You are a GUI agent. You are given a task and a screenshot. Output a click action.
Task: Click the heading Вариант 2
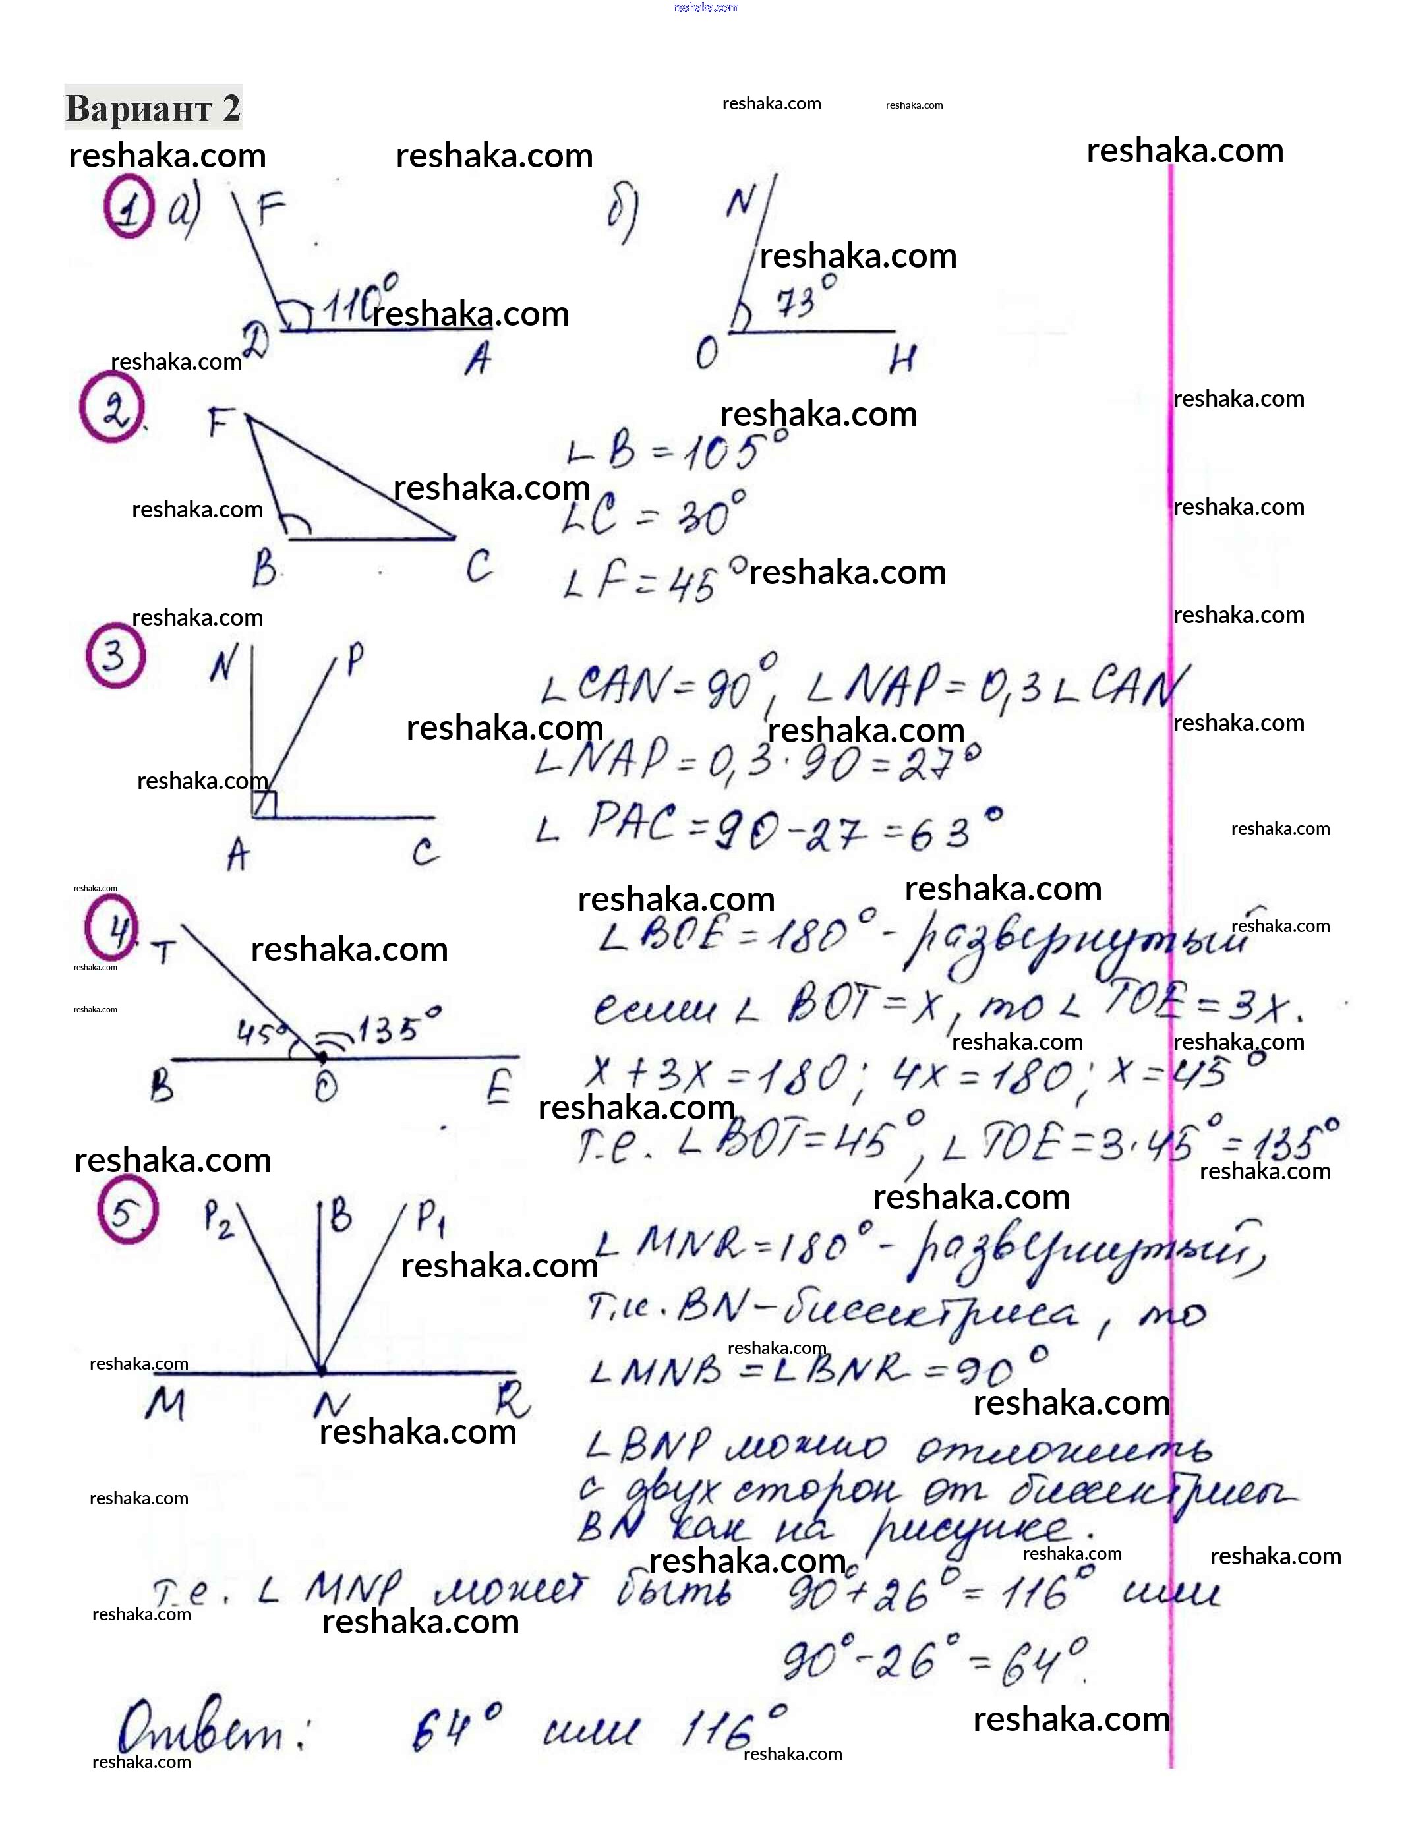click(x=153, y=107)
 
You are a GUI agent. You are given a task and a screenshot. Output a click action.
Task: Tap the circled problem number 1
click(x=129, y=206)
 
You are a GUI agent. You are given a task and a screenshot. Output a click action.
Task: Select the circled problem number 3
click(x=115, y=655)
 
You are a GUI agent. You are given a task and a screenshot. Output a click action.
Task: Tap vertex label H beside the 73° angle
click(x=901, y=360)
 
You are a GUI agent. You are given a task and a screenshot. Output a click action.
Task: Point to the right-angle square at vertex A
click(x=264, y=803)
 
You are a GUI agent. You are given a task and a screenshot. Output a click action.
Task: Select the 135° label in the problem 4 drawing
click(x=399, y=1027)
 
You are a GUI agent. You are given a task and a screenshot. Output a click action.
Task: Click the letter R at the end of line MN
click(x=511, y=1399)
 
